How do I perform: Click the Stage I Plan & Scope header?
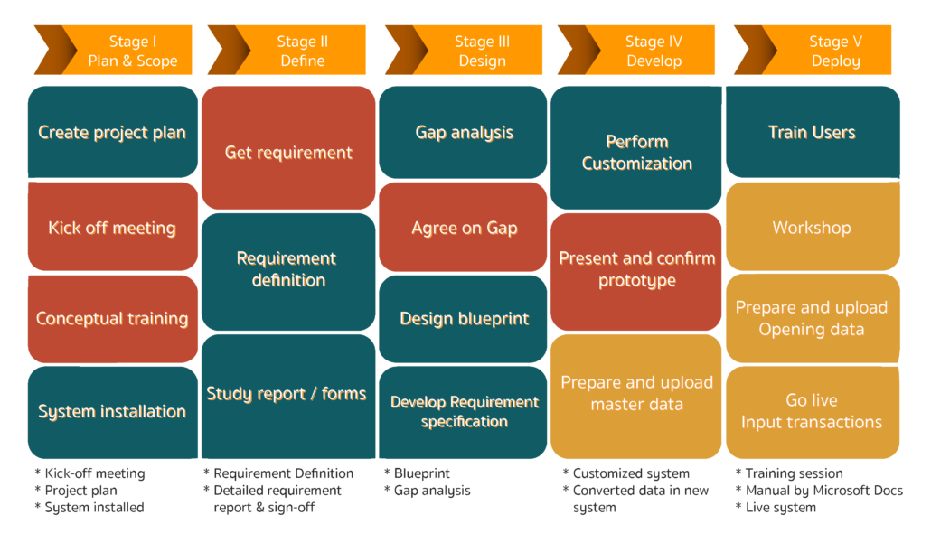point(113,50)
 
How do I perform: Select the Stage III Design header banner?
point(464,50)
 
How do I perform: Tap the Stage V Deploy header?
point(813,50)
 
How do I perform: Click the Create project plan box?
point(113,132)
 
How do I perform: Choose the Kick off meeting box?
point(113,227)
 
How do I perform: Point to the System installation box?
point(113,412)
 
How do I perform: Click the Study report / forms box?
point(288,397)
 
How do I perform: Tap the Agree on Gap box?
point(463,227)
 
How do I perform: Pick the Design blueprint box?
point(463,319)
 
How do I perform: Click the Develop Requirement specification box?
point(463,412)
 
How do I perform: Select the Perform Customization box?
point(636,148)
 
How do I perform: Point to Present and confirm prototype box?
point(636,272)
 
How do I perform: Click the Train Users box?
point(813,132)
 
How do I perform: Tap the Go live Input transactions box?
point(813,412)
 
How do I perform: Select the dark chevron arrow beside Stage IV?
point(578,50)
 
